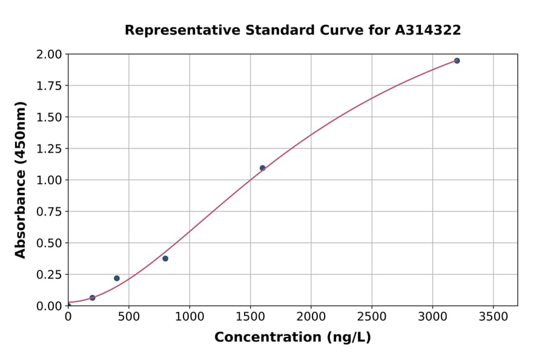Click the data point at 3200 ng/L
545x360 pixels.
[457, 61]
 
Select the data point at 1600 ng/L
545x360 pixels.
[262, 168]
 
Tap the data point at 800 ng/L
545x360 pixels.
[165, 258]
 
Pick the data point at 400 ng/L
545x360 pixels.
[117, 278]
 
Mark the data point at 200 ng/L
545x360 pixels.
[93, 298]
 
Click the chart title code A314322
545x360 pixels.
[428, 30]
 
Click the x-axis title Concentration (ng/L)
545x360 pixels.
[292, 338]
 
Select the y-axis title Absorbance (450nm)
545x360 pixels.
[21, 180]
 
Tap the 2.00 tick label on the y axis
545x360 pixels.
[50, 55]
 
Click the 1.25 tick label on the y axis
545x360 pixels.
[50, 148]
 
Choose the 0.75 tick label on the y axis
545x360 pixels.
[50, 212]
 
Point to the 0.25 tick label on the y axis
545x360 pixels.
[50, 275]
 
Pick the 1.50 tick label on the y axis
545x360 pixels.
[50, 117]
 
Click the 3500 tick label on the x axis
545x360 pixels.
[493, 317]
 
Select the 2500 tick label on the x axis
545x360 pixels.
[372, 317]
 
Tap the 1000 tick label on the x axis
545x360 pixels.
[190, 317]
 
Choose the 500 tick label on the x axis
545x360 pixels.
[129, 317]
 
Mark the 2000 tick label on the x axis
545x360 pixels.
[311, 317]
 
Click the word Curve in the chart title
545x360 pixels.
[340, 30]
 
